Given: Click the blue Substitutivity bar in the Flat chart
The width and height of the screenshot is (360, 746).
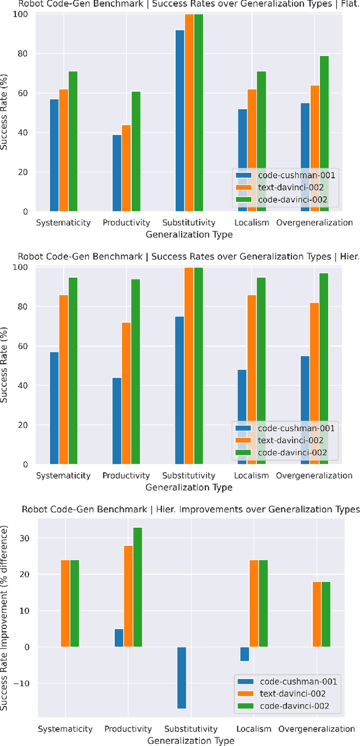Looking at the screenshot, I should tap(180, 121).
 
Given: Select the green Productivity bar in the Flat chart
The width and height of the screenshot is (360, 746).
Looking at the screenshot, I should tap(136, 151).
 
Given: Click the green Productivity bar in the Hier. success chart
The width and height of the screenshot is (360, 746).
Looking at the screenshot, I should tap(136, 372).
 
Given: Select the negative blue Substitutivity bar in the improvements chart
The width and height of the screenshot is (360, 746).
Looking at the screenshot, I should tap(182, 677).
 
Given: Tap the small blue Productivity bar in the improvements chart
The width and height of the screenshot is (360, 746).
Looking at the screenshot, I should tap(119, 638).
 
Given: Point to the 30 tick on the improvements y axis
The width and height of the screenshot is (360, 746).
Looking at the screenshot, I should tap(26, 538).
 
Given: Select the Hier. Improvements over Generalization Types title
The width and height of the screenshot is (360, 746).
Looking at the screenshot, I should tap(190, 509).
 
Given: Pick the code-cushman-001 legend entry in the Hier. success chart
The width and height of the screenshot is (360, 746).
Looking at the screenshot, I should tap(296, 428).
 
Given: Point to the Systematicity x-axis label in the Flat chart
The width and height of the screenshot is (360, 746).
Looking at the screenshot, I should tap(64, 223).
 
